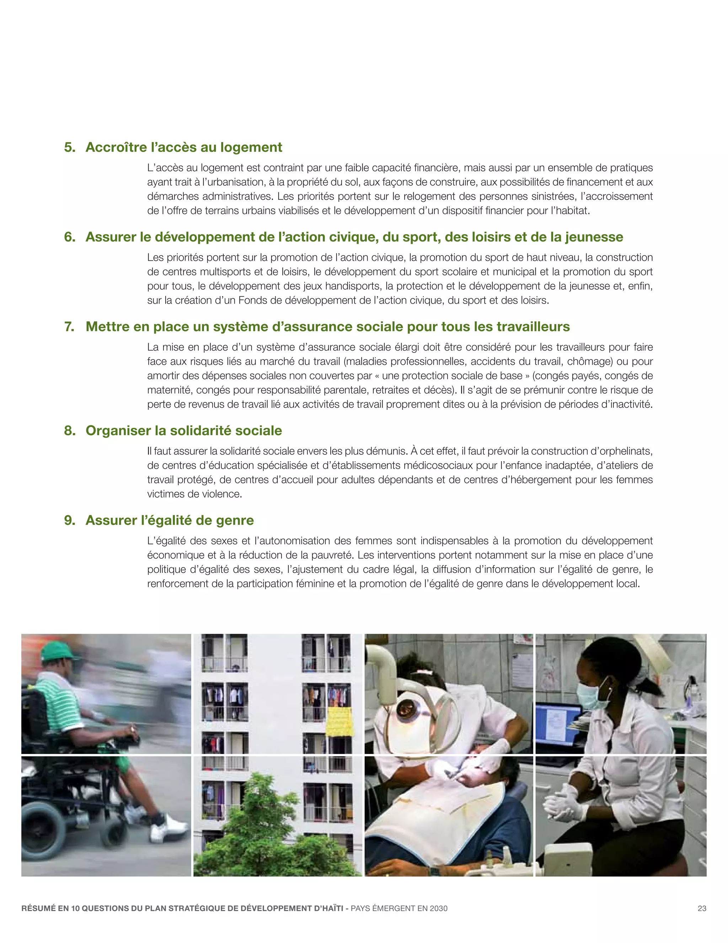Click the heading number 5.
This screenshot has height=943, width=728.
[x=69, y=147]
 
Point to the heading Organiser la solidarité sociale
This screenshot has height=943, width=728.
[x=184, y=431]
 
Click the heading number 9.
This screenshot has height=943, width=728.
[x=69, y=520]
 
